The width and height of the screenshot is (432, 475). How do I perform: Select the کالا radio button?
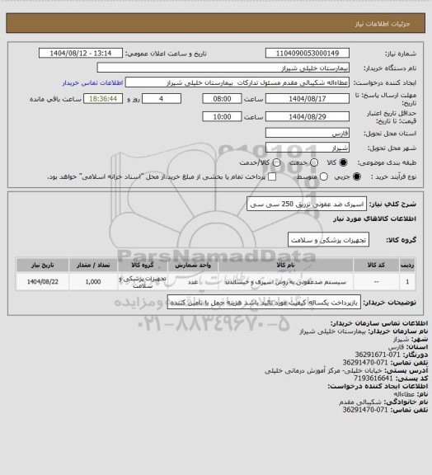(343, 161)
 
